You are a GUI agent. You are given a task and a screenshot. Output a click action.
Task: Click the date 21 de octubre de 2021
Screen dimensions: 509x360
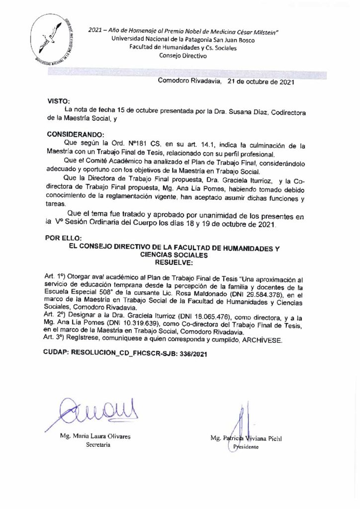click(x=260, y=82)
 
